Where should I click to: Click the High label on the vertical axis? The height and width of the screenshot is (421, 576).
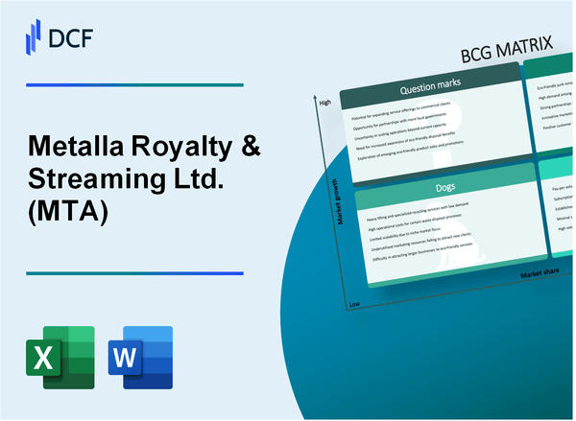point(324,102)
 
